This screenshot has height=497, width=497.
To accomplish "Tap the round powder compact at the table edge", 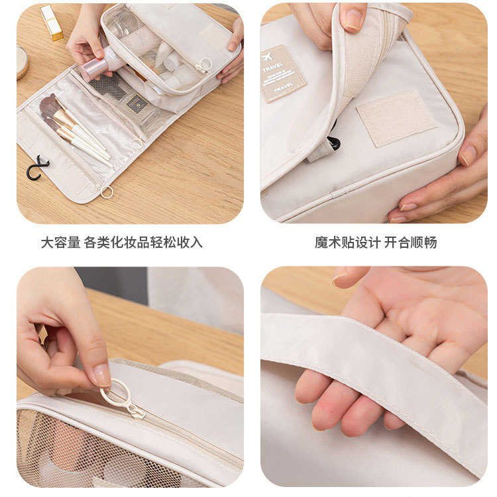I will click(22, 62).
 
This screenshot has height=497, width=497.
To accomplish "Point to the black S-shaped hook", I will click(37, 168).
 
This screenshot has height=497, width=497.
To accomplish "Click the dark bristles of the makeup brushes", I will click(49, 106).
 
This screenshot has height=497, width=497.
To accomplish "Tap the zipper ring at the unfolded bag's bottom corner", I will click(106, 192).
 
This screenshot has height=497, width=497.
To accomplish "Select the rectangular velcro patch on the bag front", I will click(396, 118).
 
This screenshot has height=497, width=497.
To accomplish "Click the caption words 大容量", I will click(61, 243).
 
